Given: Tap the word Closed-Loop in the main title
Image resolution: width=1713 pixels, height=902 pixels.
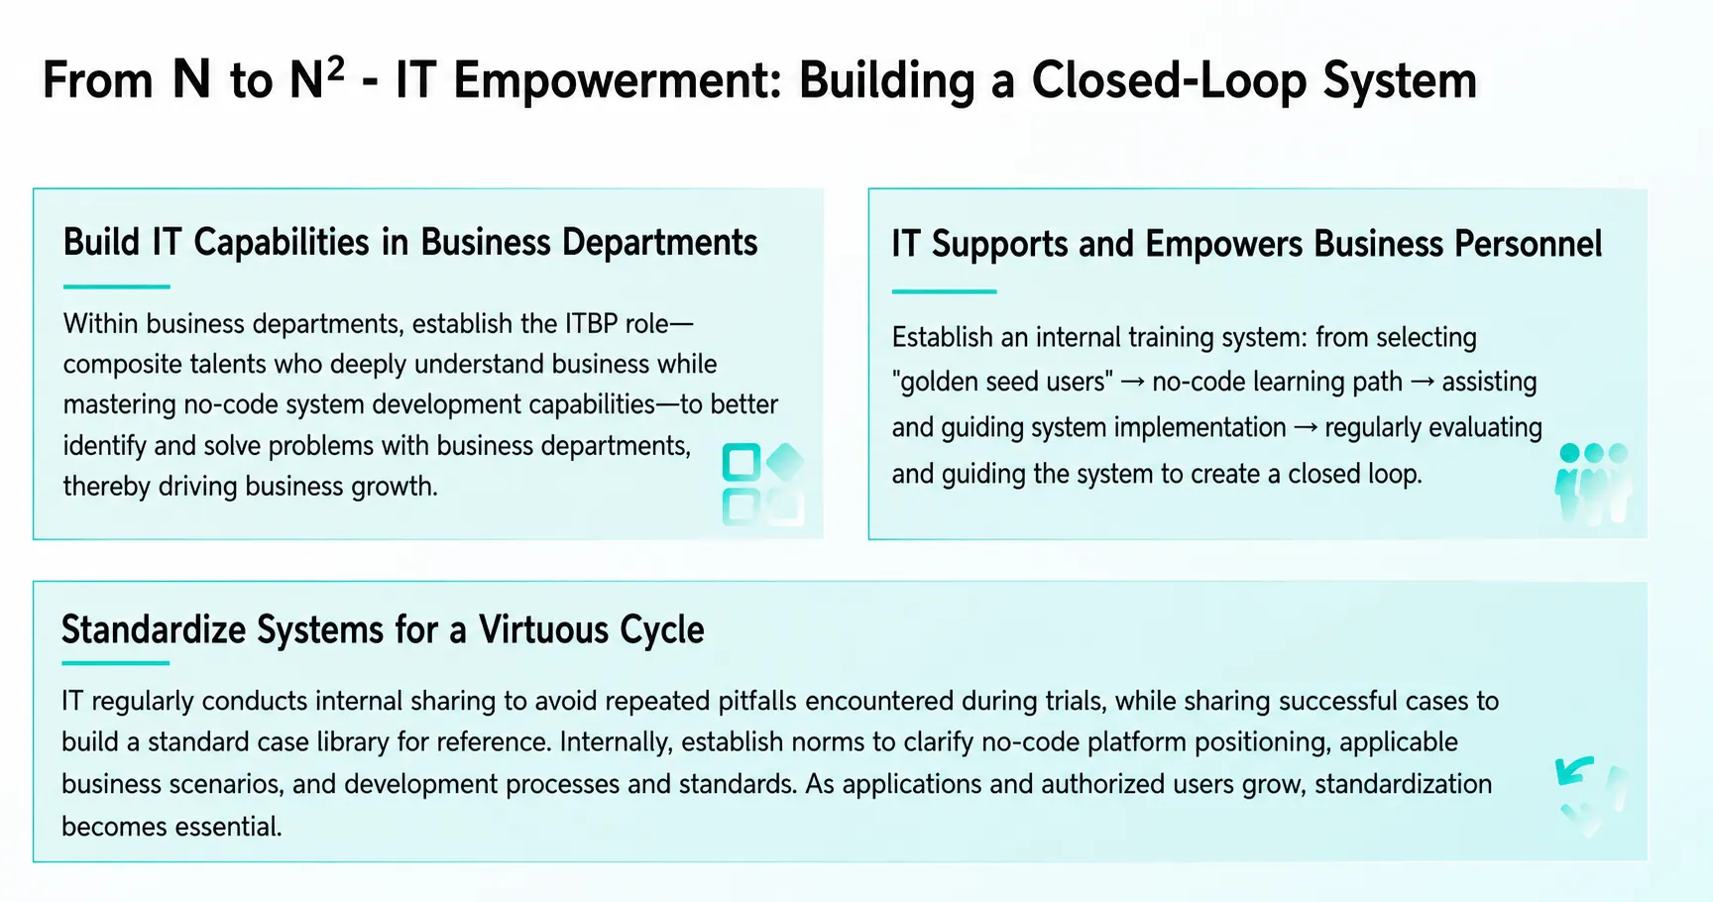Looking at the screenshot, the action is coord(1169,81).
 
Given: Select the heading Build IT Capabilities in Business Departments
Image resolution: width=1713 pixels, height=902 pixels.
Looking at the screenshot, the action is coord(410,243).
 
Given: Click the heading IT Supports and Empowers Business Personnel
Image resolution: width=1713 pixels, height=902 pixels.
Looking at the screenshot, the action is coord(1246,244).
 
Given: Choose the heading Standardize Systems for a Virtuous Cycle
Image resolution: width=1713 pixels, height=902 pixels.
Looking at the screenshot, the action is coord(383,629).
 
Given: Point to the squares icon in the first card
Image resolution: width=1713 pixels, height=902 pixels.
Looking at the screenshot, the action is coord(762,484).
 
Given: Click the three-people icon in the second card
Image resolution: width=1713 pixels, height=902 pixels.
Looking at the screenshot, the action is coord(1593,483).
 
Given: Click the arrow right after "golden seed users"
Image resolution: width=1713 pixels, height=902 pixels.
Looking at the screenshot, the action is coord(1133,383).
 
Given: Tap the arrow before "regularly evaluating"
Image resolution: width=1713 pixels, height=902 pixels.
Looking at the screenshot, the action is coord(1306,428).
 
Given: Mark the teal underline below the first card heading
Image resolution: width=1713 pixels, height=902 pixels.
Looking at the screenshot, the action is coord(117,286).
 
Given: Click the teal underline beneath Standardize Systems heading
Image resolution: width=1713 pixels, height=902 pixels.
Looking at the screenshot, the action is coord(116,663).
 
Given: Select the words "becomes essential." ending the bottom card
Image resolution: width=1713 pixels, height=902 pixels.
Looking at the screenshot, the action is coord(171,827).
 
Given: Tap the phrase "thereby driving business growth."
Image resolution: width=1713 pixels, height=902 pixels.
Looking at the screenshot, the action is coord(251,487).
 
